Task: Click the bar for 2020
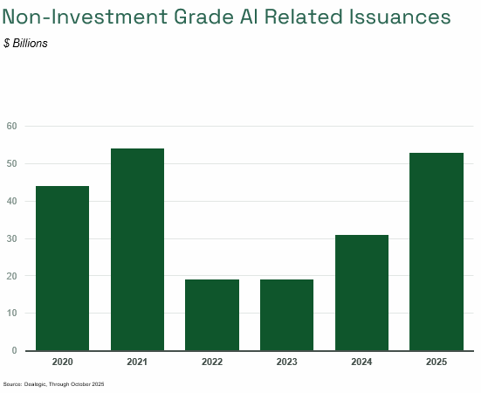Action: point(62,268)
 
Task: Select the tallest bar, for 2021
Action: point(137,250)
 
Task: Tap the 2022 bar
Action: point(212,315)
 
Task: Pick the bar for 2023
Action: point(286,315)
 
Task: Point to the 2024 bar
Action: point(361,293)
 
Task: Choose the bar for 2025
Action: point(436,252)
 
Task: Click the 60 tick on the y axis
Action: point(12,126)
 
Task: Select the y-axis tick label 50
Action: point(12,163)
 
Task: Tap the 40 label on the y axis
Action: point(12,201)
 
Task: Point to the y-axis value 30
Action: point(12,238)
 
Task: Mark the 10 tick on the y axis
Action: point(12,313)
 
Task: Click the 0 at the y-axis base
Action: point(15,350)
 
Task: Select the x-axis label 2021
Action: point(137,362)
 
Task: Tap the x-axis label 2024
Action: point(361,362)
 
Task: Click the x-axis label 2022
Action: point(212,362)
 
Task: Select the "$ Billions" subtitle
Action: point(26,43)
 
